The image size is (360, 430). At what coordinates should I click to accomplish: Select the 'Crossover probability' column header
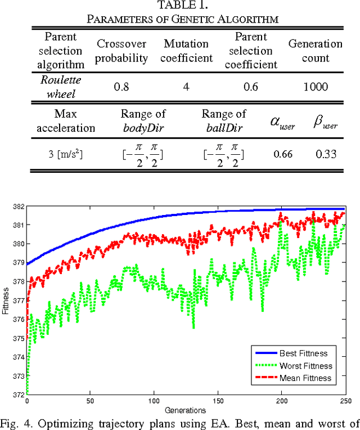[122, 51]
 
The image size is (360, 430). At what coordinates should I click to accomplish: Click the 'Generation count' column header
[315, 51]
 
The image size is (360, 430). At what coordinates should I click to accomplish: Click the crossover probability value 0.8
[122, 87]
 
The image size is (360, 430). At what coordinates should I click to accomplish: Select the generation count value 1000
[315, 87]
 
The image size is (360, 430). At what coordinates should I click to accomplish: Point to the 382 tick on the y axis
[17, 207]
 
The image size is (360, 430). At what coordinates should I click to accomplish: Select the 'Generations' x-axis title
[186, 409]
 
